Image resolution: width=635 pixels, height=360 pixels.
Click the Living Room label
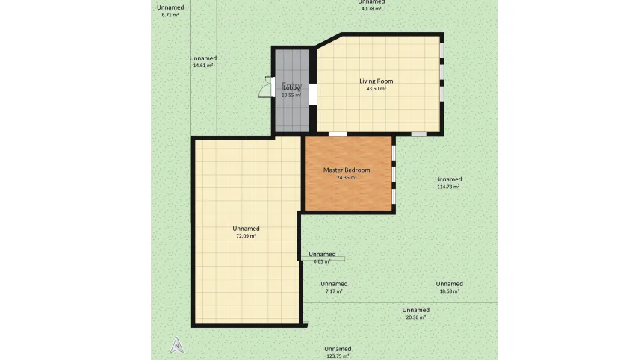coord(376,81)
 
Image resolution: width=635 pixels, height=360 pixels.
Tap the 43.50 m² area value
coord(376,89)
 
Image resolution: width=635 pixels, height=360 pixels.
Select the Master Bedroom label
coord(346,170)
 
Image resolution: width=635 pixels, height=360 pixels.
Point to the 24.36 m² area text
coord(346,178)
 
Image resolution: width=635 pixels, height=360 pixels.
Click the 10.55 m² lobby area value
coord(291,96)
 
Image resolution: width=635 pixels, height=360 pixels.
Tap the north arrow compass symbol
coord(177,344)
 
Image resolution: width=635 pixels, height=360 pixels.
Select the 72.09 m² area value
coord(246,236)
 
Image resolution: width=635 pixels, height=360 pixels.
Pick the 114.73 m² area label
coord(447,187)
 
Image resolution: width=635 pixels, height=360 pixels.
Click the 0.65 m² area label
coord(322,261)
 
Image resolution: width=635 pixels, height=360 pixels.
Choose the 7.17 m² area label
coord(334,291)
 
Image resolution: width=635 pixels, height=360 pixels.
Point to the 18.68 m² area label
coord(449,291)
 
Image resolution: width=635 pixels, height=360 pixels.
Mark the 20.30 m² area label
coord(415,317)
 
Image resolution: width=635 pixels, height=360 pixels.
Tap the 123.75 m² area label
coord(338,356)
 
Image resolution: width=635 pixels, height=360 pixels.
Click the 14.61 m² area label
coord(203,66)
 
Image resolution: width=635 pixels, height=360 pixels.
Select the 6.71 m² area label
coord(170,15)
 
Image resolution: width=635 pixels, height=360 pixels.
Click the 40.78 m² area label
coord(371,9)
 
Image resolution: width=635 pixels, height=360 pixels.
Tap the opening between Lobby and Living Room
coord(313,94)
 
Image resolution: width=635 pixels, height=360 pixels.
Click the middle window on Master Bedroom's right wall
coord(394,173)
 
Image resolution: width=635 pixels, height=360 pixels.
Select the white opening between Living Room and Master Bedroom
coord(338,134)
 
